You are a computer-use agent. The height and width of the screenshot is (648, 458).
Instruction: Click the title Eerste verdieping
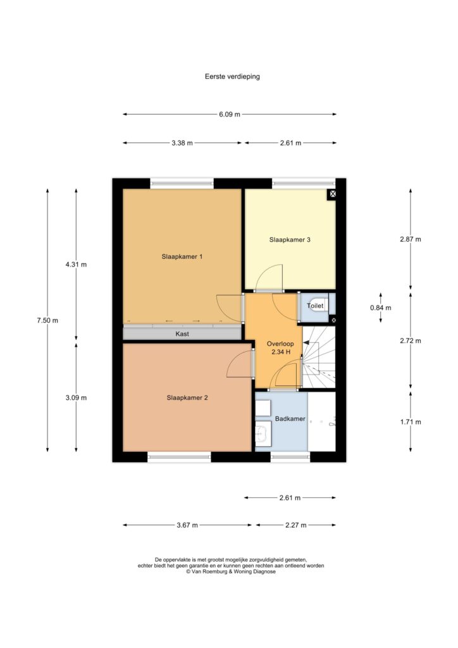(x=232, y=77)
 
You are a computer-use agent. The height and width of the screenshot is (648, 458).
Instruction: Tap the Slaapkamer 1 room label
(x=182, y=257)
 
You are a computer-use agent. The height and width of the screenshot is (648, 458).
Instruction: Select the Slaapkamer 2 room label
(x=187, y=397)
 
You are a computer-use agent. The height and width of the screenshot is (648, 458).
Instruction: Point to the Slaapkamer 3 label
(x=290, y=240)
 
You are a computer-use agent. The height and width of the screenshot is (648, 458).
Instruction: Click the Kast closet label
(x=182, y=334)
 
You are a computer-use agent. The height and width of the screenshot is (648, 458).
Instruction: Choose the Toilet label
(x=314, y=306)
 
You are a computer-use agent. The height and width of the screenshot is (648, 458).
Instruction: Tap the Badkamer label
(x=290, y=419)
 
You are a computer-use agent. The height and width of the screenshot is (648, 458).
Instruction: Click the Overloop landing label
(x=280, y=344)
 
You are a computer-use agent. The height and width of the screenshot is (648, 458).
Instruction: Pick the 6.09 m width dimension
(x=229, y=115)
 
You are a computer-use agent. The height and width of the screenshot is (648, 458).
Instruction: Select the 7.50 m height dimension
(x=47, y=320)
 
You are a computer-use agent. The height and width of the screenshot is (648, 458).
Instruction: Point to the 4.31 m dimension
(x=76, y=265)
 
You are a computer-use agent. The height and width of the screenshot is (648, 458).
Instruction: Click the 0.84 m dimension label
(x=380, y=308)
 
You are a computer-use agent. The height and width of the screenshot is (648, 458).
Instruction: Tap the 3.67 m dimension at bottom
(x=187, y=525)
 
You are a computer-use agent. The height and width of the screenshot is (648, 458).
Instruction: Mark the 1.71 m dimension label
(x=411, y=422)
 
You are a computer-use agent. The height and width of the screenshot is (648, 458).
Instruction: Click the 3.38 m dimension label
(x=182, y=144)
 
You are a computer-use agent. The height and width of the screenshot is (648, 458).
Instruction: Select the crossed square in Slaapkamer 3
(x=332, y=194)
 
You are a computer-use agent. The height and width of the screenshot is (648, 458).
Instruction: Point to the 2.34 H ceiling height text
(x=281, y=352)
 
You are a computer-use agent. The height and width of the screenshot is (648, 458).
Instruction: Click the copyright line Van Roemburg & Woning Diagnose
(x=230, y=571)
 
